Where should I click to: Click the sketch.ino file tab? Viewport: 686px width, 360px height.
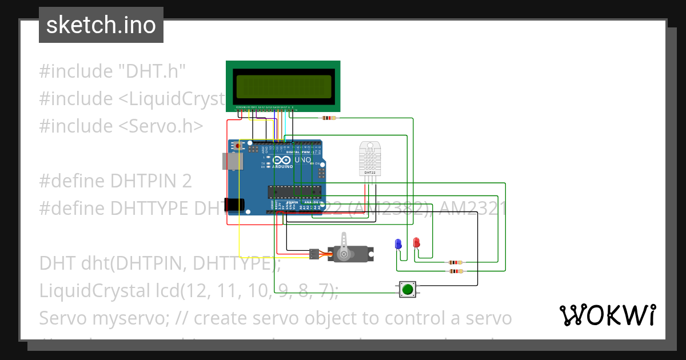101,25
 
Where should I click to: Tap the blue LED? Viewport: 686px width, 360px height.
398,244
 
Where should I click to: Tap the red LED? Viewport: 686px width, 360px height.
416,242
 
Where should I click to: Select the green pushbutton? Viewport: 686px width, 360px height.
407,290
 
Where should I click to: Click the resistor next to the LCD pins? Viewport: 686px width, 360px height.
329,118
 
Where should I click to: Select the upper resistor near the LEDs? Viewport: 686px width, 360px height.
456,263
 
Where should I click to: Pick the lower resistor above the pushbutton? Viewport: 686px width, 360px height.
456,271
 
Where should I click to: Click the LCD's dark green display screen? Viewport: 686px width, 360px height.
283,86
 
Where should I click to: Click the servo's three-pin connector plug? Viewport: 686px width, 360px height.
314,253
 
